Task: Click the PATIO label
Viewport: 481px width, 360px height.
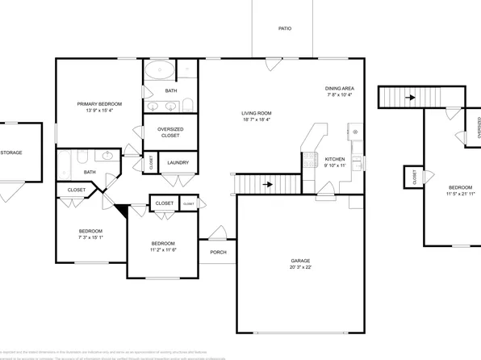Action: pos(285,29)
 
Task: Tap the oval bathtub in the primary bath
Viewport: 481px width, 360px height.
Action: pos(160,70)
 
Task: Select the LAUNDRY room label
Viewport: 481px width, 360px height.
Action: pos(178,163)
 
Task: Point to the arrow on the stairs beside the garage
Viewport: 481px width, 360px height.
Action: pos(267,186)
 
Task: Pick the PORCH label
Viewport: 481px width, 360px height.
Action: pos(218,252)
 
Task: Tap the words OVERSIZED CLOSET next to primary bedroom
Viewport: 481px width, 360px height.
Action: pos(170,132)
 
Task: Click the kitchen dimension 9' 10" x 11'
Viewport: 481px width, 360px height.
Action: pos(334,165)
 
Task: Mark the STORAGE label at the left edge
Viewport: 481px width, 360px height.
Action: pos(11,152)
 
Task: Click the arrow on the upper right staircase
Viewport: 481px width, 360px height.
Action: pos(411,98)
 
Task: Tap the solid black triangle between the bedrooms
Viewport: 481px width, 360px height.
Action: pos(122,211)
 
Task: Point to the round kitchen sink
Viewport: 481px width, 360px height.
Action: pos(356,132)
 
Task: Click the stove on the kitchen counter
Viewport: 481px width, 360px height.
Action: pos(308,161)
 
